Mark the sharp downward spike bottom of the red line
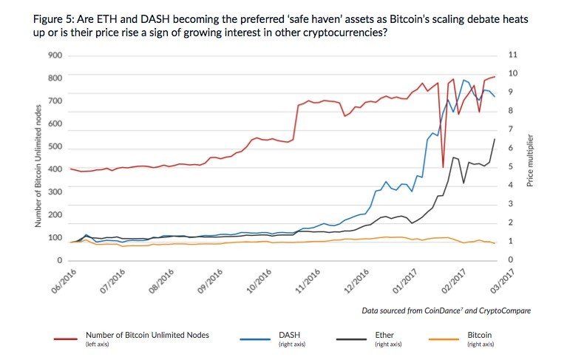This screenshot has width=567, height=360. pos(443,167)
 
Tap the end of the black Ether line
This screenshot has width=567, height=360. pos(495,139)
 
